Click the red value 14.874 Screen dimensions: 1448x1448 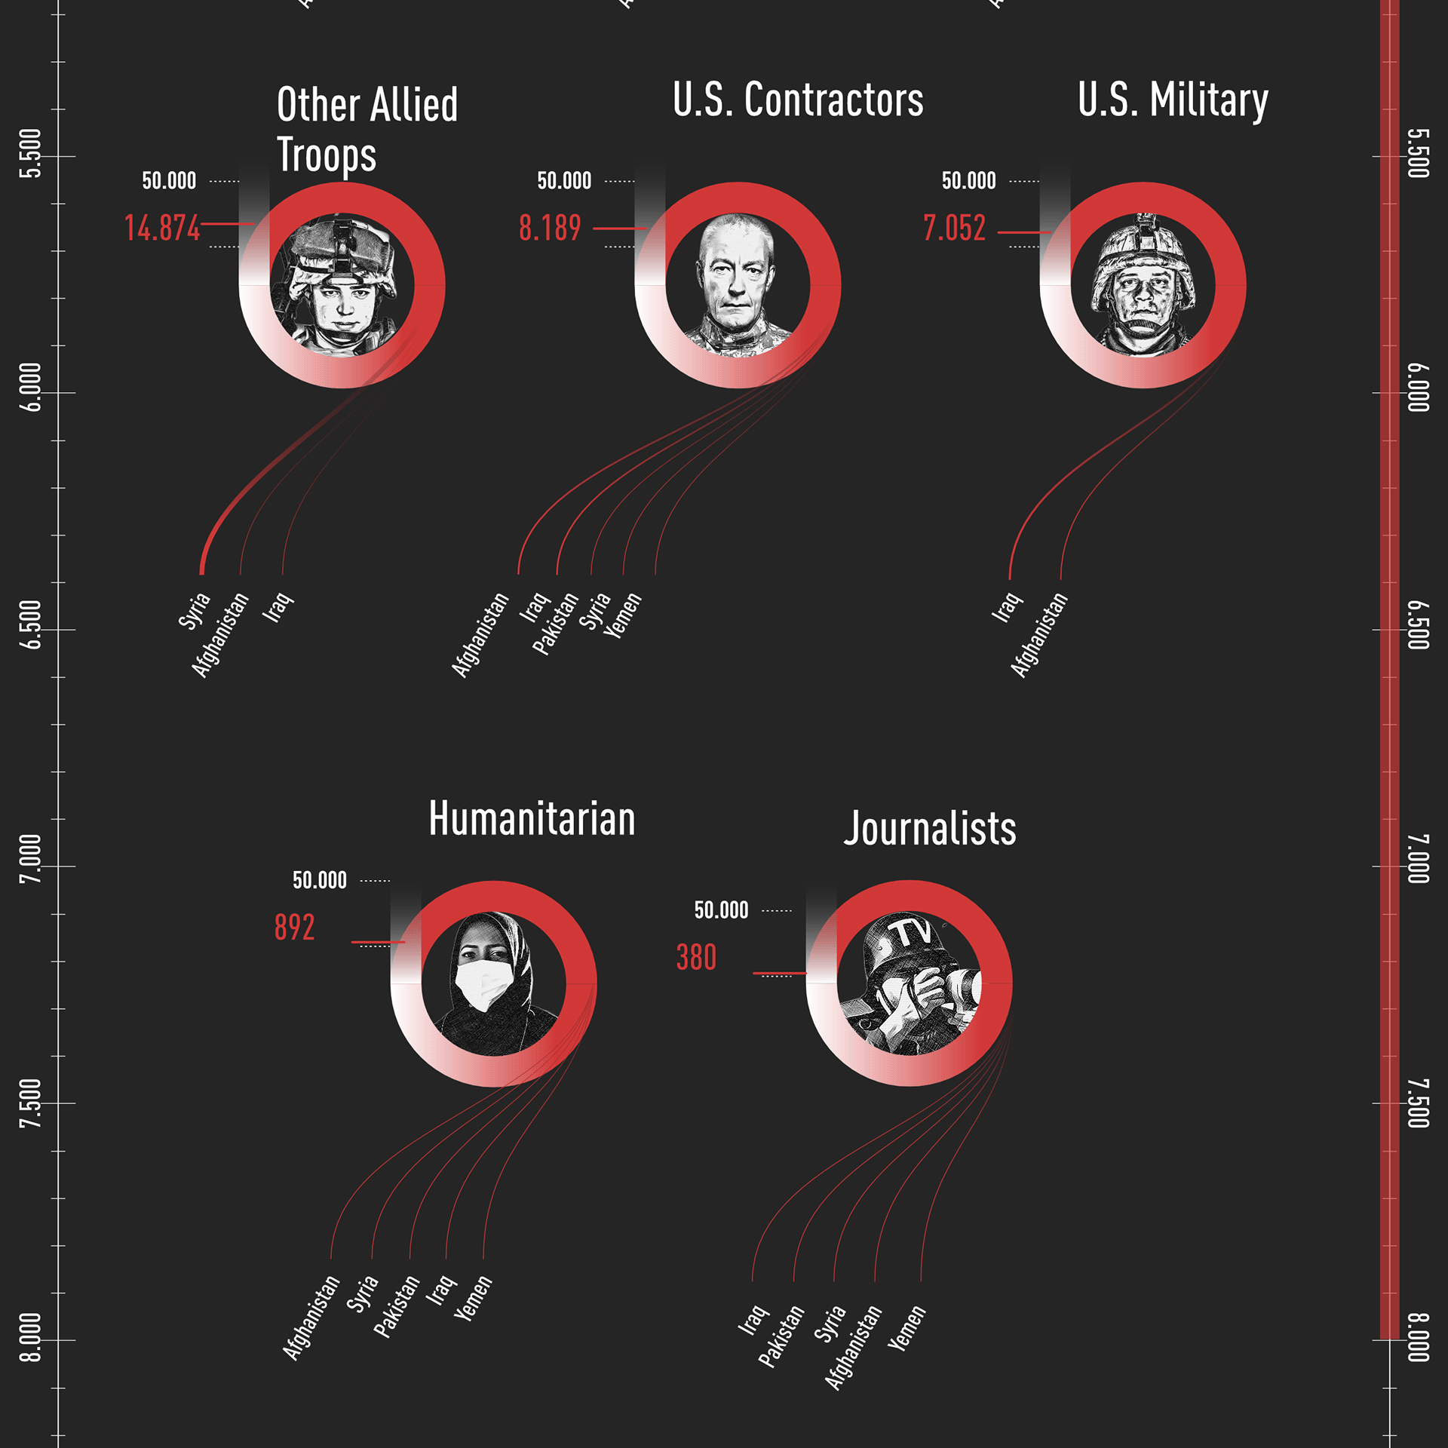click(162, 228)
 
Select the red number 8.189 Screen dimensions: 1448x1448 click(550, 228)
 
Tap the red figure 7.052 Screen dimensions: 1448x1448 click(954, 228)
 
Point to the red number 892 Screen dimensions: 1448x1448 click(294, 927)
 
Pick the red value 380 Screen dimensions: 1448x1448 click(696, 957)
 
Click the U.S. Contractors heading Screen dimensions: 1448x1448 click(797, 100)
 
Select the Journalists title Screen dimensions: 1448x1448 click(929, 828)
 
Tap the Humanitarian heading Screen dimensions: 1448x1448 click(532, 818)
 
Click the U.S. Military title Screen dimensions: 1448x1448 click(1173, 100)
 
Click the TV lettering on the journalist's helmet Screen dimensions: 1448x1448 click(914, 934)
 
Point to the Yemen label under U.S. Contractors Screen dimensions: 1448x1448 click(623, 615)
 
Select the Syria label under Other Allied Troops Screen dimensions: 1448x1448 click(194, 611)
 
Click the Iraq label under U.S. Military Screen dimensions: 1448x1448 click(1006, 608)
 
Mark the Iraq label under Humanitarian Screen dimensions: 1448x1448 click(440, 1290)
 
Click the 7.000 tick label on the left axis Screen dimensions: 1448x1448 click(30, 859)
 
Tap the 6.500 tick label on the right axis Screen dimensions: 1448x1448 click(1419, 624)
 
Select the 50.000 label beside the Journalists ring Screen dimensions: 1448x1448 click(721, 910)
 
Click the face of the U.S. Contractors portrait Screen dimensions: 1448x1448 click(736, 279)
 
